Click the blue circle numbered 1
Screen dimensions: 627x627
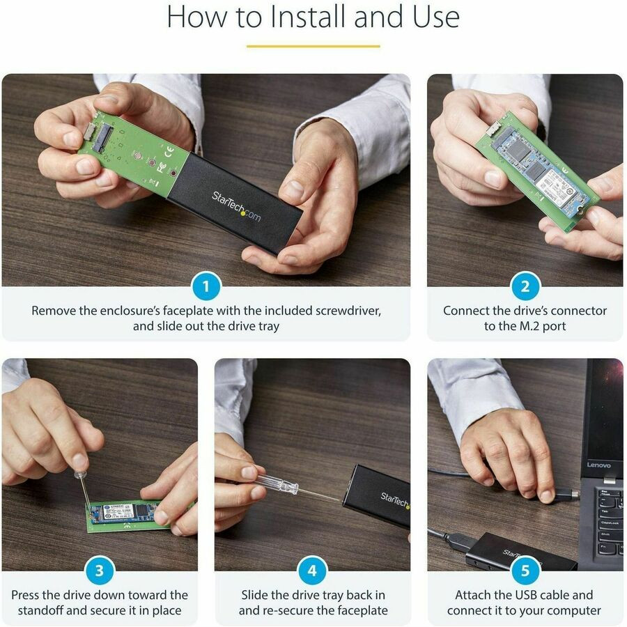click(206, 286)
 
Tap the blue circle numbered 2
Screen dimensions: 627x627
click(525, 286)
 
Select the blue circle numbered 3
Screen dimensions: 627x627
click(99, 571)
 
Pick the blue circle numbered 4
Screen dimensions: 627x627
click(312, 571)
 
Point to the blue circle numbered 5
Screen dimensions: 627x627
click(525, 571)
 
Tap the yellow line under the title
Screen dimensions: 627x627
click(313, 46)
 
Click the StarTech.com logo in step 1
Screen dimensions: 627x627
click(236, 206)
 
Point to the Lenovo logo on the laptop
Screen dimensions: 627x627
click(598, 465)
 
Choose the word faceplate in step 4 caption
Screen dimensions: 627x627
click(363, 610)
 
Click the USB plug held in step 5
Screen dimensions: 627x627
click(566, 495)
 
